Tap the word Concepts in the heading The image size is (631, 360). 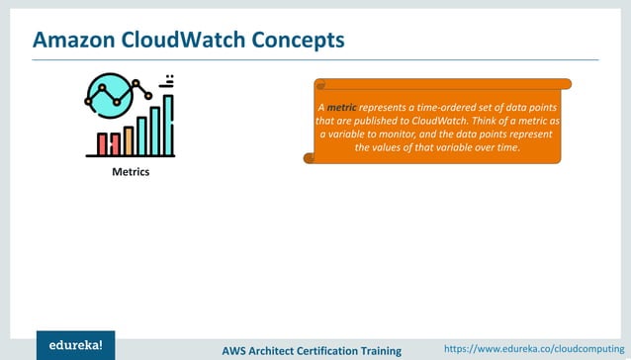pos(298,40)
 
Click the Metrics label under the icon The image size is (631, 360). pos(130,171)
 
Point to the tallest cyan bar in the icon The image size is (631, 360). pos(168,126)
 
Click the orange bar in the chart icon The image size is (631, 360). pos(128,140)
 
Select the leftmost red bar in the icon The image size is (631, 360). pos(102,144)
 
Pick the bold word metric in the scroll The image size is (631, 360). pos(341,107)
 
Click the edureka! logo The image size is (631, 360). pos(75,345)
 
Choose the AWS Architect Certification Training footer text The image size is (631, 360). pos(312,350)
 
